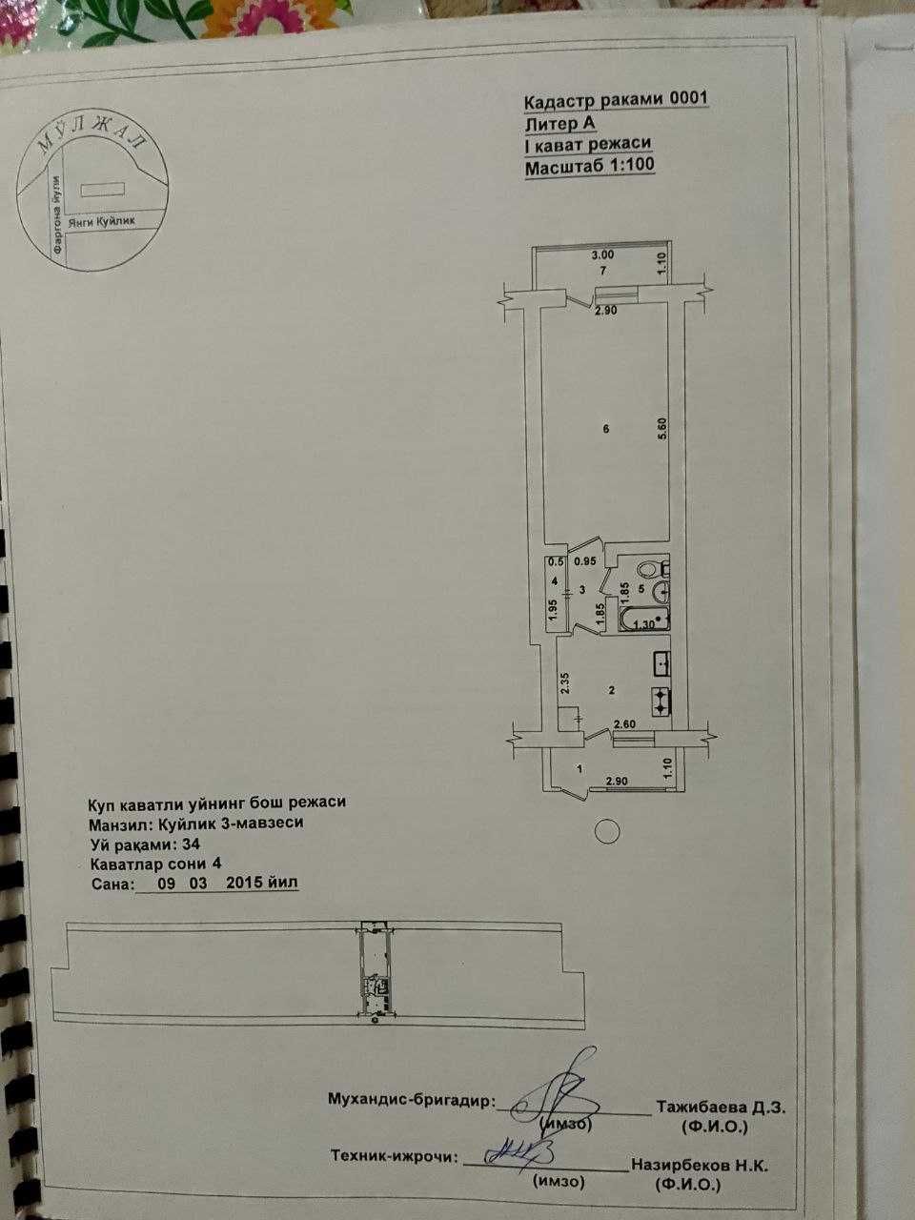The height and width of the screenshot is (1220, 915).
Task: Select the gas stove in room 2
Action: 661,701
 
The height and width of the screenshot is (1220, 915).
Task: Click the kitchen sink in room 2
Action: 661,663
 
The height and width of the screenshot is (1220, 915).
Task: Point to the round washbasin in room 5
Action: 662,593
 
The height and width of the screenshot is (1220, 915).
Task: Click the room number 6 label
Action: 606,429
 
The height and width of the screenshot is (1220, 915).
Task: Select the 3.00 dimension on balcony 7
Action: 602,255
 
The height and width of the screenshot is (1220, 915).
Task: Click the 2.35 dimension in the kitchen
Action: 565,682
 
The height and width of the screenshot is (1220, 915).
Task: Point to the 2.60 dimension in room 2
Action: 624,724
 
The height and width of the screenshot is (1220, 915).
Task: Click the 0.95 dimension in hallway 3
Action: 585,561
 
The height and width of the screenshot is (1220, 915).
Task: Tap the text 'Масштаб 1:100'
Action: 589,166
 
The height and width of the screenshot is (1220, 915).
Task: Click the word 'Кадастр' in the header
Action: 560,102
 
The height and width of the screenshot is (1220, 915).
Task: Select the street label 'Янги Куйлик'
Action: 101,222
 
